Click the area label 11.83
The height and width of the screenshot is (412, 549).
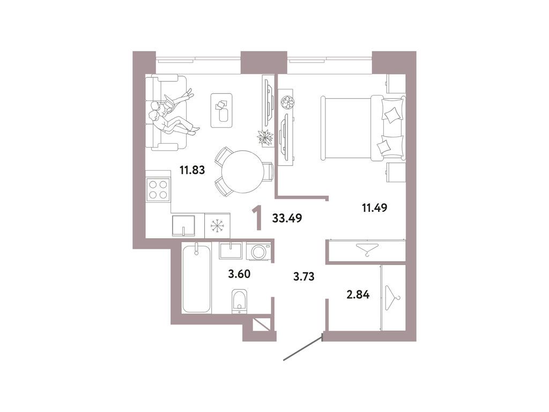191,171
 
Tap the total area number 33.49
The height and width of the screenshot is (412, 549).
287,218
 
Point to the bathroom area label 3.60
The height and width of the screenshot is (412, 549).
239,274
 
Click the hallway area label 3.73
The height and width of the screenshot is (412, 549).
303,277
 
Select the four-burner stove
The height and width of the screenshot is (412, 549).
158,189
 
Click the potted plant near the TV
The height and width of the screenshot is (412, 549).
265,137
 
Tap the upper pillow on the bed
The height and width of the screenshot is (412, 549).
392,114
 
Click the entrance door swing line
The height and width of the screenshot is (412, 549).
302,348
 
